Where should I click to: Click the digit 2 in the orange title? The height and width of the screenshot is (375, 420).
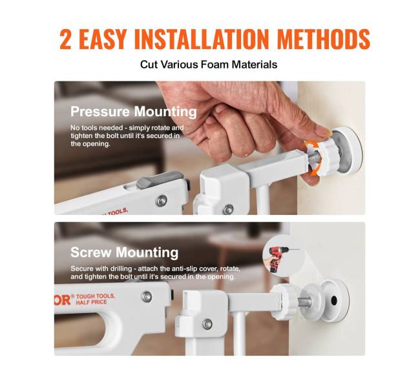tap(65, 39)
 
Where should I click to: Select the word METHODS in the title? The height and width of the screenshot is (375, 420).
tap(324, 39)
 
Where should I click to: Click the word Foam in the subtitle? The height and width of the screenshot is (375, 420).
tap(215, 65)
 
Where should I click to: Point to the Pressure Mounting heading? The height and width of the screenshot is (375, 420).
tap(133, 112)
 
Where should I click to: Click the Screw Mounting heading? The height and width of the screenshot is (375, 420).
tap(124, 252)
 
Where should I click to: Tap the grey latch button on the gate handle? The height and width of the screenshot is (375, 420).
tap(160, 179)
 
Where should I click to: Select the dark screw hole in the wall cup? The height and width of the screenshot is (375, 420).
tap(334, 301)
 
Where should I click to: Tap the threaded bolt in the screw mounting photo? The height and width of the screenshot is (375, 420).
tap(305, 302)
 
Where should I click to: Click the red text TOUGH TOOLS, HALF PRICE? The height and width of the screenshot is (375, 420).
tap(95, 299)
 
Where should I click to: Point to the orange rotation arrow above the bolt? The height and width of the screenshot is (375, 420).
tap(311, 145)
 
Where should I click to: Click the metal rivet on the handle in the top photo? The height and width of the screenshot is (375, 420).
tap(162, 201)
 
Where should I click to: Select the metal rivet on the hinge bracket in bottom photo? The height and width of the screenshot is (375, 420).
tap(207, 324)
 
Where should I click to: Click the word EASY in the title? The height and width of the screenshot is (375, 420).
tap(103, 39)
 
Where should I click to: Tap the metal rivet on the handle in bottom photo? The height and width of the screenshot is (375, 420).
tap(147, 297)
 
